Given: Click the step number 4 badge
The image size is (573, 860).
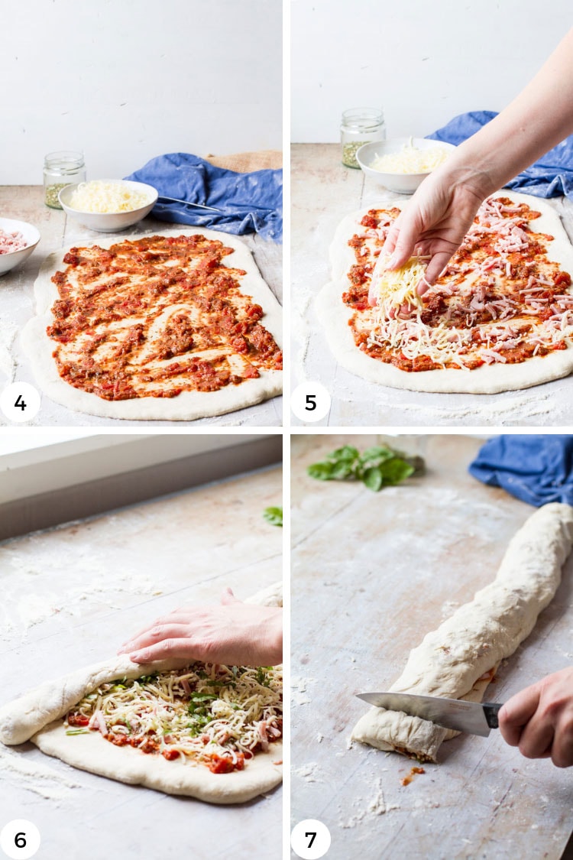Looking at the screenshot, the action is click(21, 402).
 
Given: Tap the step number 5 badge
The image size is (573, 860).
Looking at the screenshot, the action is click(310, 402).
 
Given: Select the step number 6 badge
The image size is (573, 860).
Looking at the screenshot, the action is click(21, 839).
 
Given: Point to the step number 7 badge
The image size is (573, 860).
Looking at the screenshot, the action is click(310, 839).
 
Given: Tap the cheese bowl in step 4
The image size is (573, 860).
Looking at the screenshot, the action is click(108, 204).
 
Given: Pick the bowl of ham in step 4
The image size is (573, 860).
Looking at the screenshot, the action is click(17, 244).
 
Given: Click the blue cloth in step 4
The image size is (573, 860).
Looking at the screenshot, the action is click(214, 192).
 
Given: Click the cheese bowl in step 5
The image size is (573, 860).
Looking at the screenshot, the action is click(405, 164).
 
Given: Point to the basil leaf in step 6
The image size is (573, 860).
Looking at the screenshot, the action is click(274, 515).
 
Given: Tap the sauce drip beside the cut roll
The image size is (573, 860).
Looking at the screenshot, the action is click(411, 776).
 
